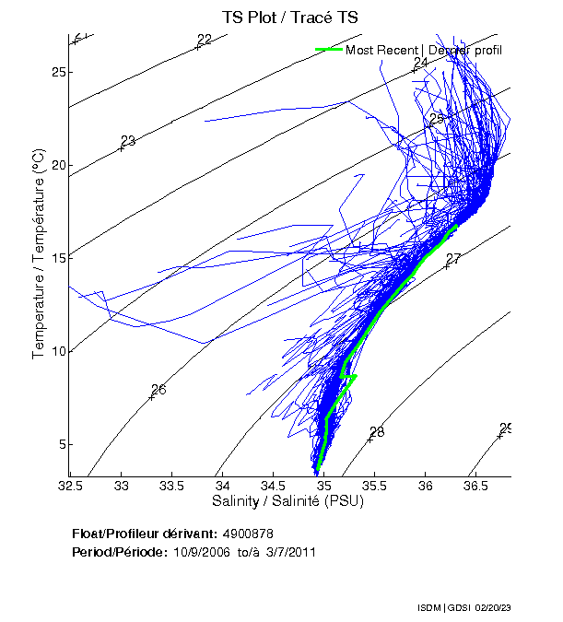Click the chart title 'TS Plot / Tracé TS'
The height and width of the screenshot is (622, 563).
click(290, 18)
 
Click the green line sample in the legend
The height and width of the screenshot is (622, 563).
click(328, 50)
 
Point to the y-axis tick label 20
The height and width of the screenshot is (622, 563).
click(57, 166)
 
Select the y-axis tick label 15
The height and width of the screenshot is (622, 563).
click(57, 259)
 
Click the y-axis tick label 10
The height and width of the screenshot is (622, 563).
click(57, 352)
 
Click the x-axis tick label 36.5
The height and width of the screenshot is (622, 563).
click(475, 485)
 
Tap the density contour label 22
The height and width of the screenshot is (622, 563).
click(205, 40)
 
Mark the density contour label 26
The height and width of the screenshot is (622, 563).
click(158, 390)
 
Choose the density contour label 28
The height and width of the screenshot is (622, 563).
click(376, 432)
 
